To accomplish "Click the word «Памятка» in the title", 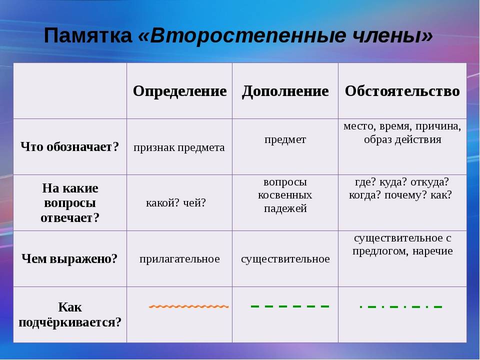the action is (88, 35).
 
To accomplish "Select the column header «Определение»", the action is (179, 91).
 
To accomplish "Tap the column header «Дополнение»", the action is (285, 91).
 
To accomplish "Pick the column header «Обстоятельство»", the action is (402, 91).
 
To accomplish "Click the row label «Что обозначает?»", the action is (70, 147).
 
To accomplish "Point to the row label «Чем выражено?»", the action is (69, 259).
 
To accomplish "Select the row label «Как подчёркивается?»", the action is (70, 314).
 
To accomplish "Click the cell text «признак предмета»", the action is (179, 148).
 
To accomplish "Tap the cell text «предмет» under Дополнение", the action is (285, 139).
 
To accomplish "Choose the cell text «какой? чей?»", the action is (176, 202).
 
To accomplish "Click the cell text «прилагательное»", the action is (179, 259).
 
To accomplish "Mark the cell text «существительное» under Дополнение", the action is (285, 259).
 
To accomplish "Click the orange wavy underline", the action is (188, 306).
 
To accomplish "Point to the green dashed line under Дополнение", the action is (290, 306).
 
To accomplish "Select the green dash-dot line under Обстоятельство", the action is (401, 306).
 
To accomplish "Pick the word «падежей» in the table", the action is (285, 208).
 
